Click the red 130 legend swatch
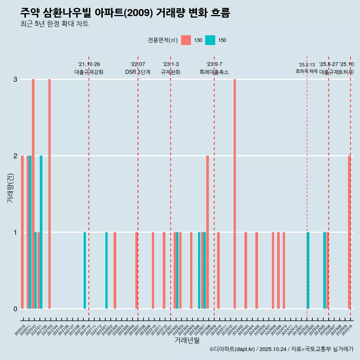click(x=186, y=40)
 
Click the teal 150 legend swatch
click(x=210, y=40)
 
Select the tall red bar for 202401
click(x=235, y=193)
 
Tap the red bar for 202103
click(x=49, y=193)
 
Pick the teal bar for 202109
click(x=85, y=270)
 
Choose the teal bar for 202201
click(x=106, y=270)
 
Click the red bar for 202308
click(x=207, y=232)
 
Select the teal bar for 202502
click(x=308, y=270)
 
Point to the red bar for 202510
click(x=349, y=232)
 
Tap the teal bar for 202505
click(x=324, y=270)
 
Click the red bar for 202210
click(x=153, y=270)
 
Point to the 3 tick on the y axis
click(x=15, y=79)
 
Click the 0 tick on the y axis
click(x=15, y=309)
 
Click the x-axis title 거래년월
click(x=187, y=340)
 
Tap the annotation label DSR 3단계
click(x=138, y=72)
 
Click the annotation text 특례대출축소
click(x=214, y=72)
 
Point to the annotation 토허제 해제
click(x=306, y=71)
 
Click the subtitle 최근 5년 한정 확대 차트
click(x=54, y=24)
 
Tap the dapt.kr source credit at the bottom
click(x=281, y=349)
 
